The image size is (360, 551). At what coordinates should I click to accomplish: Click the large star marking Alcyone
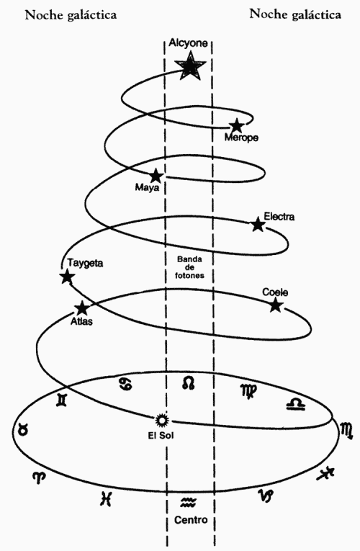(x=189, y=66)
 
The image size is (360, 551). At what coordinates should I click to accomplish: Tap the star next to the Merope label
(x=237, y=125)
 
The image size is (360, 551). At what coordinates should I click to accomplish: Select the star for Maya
(x=156, y=175)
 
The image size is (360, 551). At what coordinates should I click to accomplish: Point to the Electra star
(x=258, y=224)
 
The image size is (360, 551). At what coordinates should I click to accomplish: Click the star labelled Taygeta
(x=67, y=276)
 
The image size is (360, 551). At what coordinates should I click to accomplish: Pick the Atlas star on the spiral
(x=82, y=308)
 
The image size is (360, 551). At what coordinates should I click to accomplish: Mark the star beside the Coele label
(x=276, y=305)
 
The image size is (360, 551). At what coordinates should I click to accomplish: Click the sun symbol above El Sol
(x=162, y=419)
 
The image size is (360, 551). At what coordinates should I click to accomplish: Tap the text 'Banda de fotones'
(x=189, y=267)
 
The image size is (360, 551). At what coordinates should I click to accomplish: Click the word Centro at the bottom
(x=191, y=520)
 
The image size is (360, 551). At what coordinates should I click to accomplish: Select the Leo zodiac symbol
(x=189, y=383)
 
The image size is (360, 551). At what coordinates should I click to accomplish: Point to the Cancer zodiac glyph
(x=126, y=385)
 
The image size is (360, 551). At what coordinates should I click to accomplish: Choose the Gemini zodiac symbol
(x=62, y=400)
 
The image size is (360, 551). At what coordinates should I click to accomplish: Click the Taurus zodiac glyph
(x=23, y=429)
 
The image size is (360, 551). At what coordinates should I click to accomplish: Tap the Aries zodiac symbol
(x=39, y=478)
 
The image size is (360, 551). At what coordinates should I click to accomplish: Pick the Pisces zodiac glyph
(x=106, y=499)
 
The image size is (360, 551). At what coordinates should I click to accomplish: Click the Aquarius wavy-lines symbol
(x=189, y=503)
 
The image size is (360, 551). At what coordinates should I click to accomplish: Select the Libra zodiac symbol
(x=296, y=404)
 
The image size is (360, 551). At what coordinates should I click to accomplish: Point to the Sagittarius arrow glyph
(x=325, y=474)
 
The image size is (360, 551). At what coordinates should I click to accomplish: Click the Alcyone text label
(x=188, y=43)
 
